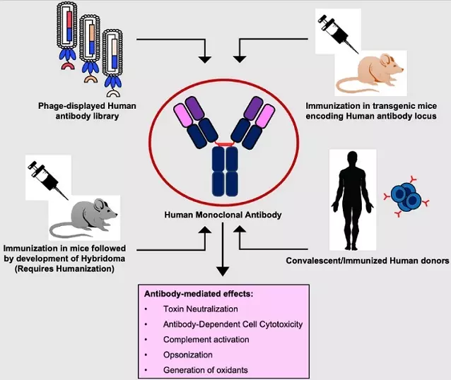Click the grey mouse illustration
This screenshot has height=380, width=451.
coord(83,216)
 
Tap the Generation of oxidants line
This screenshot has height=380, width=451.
coord(205,370)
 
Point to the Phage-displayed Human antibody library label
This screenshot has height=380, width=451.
coord(88,111)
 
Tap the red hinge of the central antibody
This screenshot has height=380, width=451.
coord(225,144)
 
